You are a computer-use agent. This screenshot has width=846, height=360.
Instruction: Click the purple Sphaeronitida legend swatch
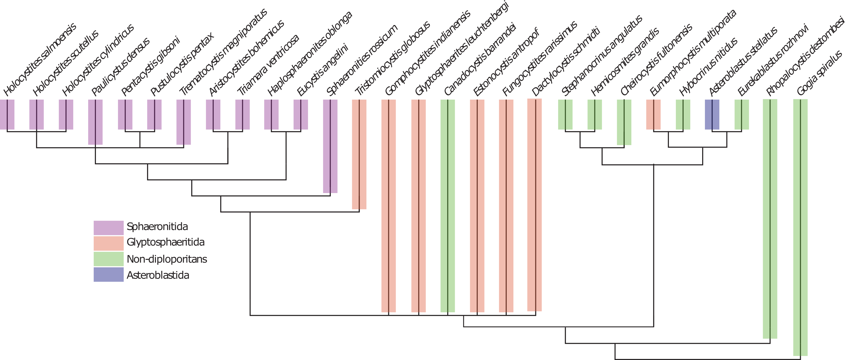(108, 228)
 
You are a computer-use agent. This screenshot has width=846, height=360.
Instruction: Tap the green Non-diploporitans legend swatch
(108, 259)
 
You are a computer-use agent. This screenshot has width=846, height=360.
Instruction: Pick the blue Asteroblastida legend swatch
(108, 274)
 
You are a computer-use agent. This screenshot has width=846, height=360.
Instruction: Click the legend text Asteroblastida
(158, 275)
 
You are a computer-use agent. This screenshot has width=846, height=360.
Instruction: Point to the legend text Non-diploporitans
(167, 259)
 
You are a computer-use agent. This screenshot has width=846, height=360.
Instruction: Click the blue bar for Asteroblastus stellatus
(712, 114)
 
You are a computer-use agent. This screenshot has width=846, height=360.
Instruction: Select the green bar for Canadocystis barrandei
(448, 206)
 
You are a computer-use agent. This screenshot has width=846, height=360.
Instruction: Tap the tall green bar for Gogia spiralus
(800, 227)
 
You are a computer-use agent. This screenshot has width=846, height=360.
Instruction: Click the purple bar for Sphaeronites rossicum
(330, 146)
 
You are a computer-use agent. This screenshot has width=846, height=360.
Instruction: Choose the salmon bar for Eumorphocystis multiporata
(653, 114)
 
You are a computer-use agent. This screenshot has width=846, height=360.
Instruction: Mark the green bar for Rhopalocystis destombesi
(770, 219)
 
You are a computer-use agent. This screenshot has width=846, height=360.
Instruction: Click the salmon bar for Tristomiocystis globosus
(359, 154)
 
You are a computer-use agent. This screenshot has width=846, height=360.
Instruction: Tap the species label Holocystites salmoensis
(39, 59)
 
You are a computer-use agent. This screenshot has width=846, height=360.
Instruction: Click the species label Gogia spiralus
(819, 73)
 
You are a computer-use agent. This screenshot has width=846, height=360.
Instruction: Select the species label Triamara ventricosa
(268, 65)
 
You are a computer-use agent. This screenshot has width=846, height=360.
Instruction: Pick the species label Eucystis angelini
(322, 70)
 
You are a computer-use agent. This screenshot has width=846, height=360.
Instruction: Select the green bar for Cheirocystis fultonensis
(624, 122)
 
